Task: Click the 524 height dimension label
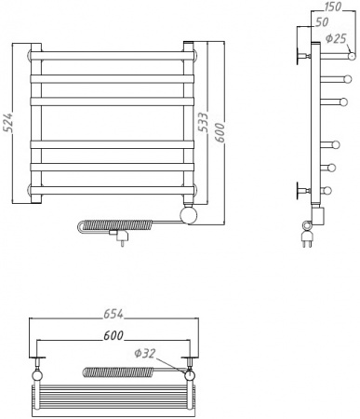click(8, 123)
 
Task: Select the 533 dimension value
click(203, 122)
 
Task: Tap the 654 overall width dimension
click(113, 314)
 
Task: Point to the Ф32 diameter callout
click(144, 353)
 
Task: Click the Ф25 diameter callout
click(336, 39)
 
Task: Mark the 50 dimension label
click(321, 22)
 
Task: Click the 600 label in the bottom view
click(113, 335)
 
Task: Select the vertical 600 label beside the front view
click(219, 132)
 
